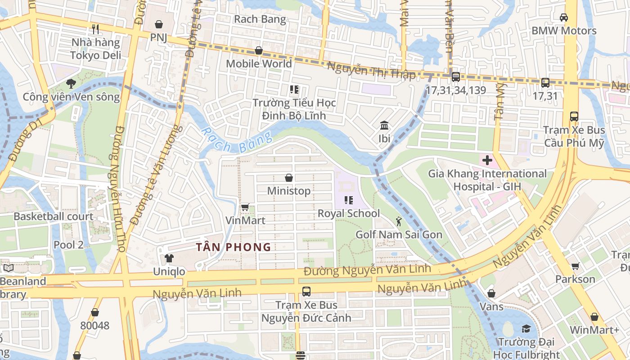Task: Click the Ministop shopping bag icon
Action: pos(289,178)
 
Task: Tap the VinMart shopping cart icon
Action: pos(245,207)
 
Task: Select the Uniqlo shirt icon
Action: pos(169,258)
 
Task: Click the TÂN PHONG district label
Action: pos(234,247)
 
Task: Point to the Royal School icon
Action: pos(348,200)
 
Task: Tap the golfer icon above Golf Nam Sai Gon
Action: pos(399,221)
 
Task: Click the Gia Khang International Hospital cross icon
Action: pos(487,160)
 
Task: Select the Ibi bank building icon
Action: pos(384,125)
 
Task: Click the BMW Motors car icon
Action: pos(563,17)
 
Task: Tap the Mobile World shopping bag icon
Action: pos(259,50)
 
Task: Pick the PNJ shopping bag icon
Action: pos(158,24)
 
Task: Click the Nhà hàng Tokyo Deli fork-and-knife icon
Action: pos(95,29)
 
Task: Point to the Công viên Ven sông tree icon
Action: pos(71,83)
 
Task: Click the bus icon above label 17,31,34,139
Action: pos(455,77)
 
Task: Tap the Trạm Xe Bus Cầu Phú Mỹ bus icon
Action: pos(574,116)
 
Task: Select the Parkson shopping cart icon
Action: pos(575,266)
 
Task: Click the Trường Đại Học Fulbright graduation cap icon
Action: pos(526,328)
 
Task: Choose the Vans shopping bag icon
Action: pos(491,293)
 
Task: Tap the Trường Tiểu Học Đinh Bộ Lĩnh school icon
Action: pos(294,90)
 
